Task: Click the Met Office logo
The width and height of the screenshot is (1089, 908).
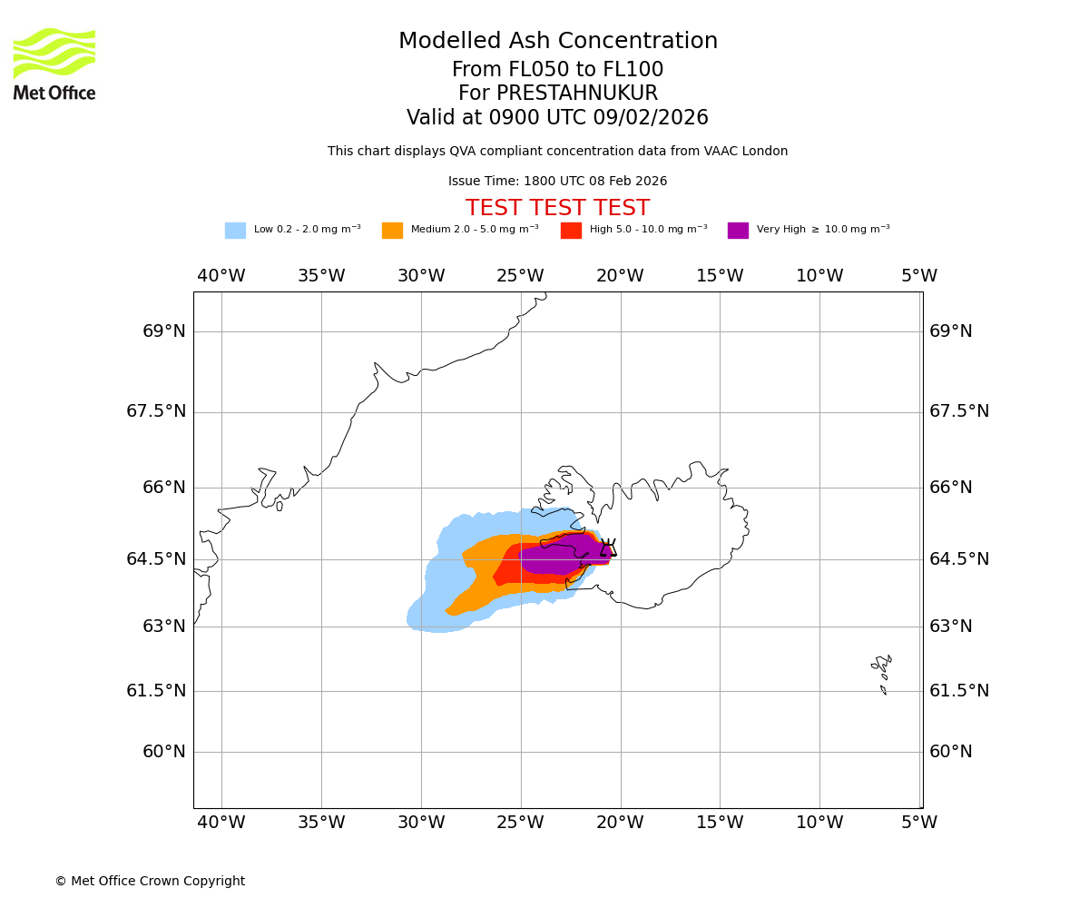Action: pyautogui.click(x=54, y=64)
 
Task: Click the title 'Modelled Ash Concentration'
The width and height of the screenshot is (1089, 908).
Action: pyautogui.click(x=558, y=42)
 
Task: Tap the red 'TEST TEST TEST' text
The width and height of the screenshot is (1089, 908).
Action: pyautogui.click(x=557, y=208)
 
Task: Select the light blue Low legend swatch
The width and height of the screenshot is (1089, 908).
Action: pyautogui.click(x=235, y=231)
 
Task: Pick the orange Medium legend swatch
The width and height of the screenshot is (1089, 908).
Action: pyautogui.click(x=392, y=231)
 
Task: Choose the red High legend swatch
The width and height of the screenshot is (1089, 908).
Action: pyautogui.click(x=571, y=231)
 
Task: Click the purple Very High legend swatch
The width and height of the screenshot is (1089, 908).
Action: pyautogui.click(x=738, y=231)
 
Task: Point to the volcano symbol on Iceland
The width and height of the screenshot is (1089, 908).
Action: pyautogui.click(x=608, y=548)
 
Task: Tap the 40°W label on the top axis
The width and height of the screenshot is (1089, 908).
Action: pyautogui.click(x=221, y=276)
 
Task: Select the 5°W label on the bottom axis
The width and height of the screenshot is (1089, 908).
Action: pyautogui.click(x=919, y=823)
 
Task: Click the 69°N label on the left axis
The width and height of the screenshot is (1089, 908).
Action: pyautogui.click(x=164, y=331)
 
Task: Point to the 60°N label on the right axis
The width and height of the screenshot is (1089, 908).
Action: pyautogui.click(x=950, y=752)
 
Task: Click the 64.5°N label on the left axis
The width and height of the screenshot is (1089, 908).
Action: pyautogui.click(x=156, y=559)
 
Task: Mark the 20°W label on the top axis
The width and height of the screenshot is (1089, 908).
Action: pyautogui.click(x=620, y=276)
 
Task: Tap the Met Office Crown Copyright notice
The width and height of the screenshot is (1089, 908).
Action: pyautogui.click(x=150, y=881)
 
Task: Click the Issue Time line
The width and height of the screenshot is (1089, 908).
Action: pyautogui.click(x=557, y=182)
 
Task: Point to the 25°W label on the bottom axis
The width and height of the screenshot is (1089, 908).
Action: pyautogui.click(x=520, y=823)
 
